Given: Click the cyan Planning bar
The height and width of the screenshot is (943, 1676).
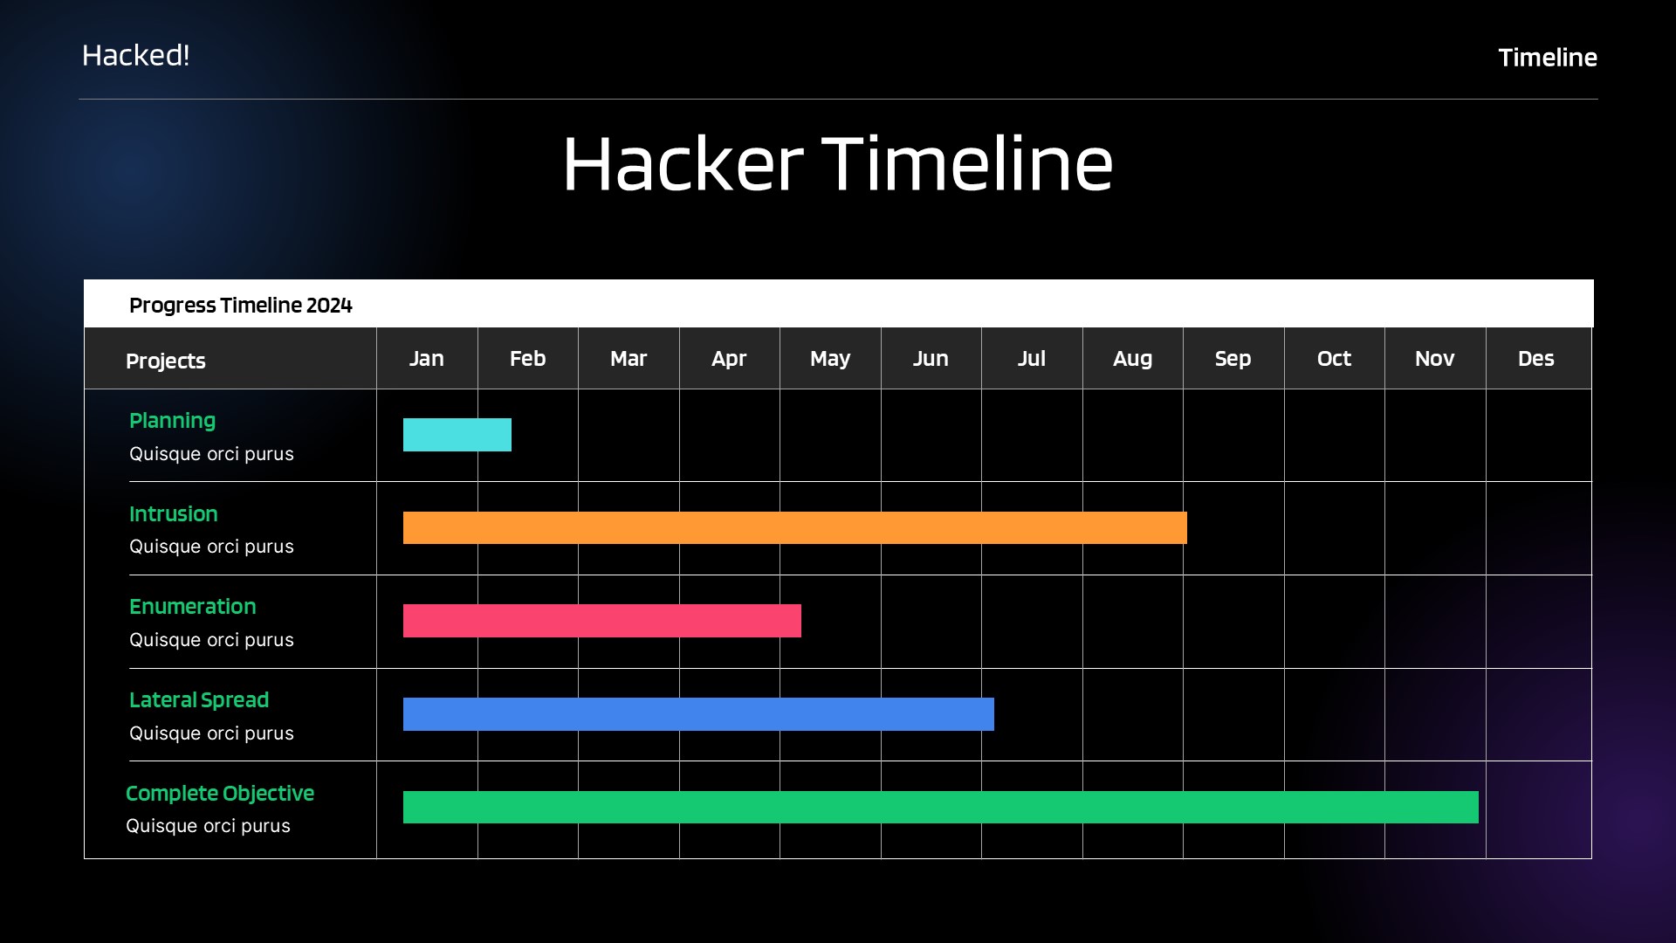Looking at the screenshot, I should [x=457, y=435].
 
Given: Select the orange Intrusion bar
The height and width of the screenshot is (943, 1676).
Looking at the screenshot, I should [x=794, y=527].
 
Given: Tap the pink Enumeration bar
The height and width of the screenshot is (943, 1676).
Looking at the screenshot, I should [x=601, y=621].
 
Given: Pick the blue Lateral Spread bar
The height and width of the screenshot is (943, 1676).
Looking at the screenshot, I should [x=698, y=714].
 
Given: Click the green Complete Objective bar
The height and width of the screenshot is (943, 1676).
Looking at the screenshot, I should [x=940, y=807].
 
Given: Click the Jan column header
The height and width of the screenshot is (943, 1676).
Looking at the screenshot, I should [x=427, y=359].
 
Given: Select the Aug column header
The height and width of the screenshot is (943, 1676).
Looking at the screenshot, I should [x=1132, y=359].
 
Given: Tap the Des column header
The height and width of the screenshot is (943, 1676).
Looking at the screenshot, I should [x=1535, y=359].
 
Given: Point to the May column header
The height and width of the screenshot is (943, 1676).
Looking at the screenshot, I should [x=829, y=359].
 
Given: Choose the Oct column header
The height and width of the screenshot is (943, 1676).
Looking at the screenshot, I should [x=1334, y=359].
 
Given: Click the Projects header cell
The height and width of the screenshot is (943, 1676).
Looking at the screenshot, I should [x=166, y=361].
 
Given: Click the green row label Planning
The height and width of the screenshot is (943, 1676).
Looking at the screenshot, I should [x=172, y=421].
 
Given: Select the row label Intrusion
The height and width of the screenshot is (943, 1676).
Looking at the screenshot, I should [x=174, y=514].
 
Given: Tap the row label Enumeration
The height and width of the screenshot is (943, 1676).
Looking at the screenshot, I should [x=193, y=607].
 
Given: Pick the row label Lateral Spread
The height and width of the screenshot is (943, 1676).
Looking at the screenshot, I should [x=199, y=700].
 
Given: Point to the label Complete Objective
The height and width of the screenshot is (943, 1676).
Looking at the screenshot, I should [x=220, y=794].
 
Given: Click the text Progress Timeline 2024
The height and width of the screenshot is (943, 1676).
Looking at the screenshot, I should [x=241, y=306].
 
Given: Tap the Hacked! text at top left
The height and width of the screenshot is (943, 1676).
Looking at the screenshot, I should [x=135, y=56].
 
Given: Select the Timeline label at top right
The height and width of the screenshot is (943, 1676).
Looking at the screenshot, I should [x=1548, y=58].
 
